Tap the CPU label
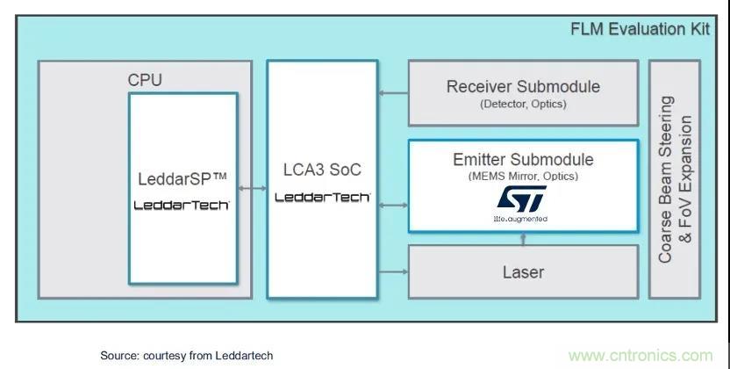[x=145, y=80]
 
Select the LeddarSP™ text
[x=182, y=179]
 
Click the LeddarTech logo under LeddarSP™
[x=182, y=205]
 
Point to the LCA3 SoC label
[x=322, y=170]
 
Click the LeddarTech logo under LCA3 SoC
[x=322, y=198]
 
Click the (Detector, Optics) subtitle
[x=523, y=105]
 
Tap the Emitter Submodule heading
[x=523, y=159]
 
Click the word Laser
[x=522, y=271]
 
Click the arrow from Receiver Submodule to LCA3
[x=393, y=90]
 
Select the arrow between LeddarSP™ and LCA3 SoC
[x=253, y=187]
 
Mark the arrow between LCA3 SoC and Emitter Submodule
[x=393, y=205]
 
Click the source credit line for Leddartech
[x=186, y=355]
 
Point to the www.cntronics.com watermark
[x=640, y=355]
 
